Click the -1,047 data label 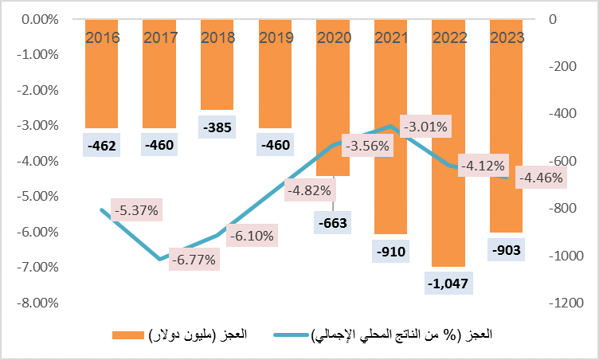(449, 282)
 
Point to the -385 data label (217, 127)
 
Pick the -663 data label (333, 224)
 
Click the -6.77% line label (192, 260)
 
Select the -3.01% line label (426, 126)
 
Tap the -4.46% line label (541, 178)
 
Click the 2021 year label (390, 37)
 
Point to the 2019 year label (275, 37)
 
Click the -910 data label (391, 253)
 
